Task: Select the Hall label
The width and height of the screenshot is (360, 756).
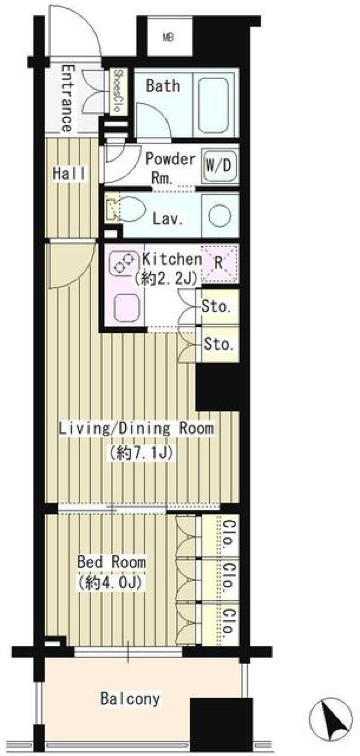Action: [69, 173]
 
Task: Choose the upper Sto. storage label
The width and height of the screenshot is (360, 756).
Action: [216, 307]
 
